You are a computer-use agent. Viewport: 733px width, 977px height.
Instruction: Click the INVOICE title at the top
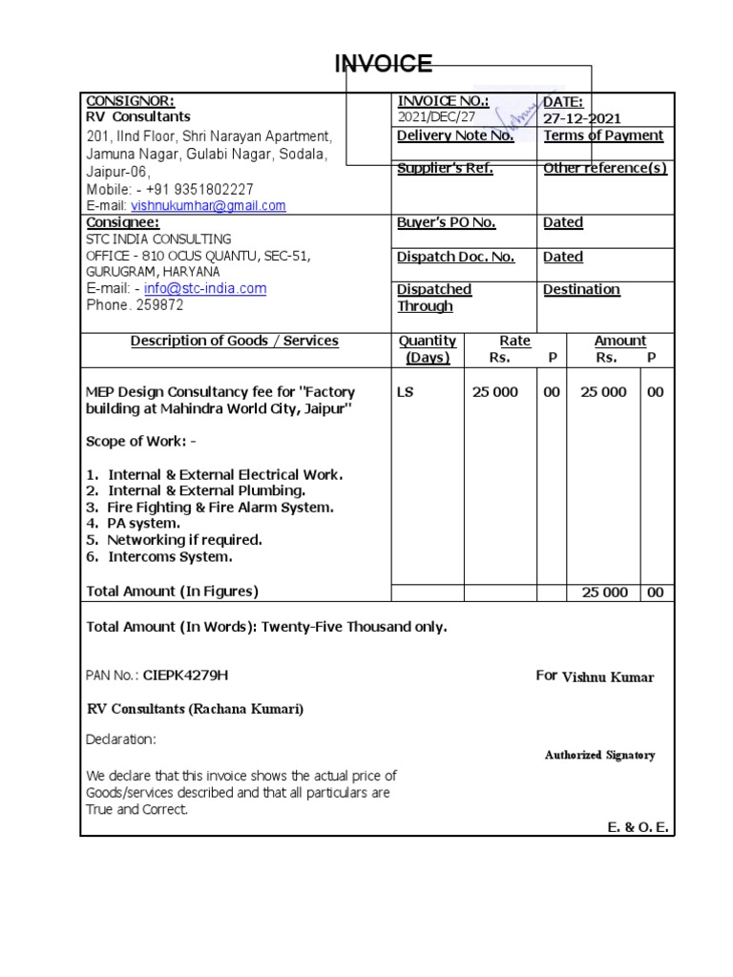383,64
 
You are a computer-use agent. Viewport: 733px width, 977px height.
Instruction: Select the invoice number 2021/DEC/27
436,117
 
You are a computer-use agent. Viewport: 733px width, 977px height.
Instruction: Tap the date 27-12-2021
582,118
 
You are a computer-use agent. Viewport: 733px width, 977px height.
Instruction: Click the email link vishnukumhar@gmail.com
208,205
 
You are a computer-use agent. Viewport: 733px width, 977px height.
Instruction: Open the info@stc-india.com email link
205,288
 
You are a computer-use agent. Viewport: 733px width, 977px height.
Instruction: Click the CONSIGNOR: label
131,101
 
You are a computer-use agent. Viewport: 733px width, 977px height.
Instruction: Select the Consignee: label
122,221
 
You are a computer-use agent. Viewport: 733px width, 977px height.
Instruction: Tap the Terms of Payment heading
603,135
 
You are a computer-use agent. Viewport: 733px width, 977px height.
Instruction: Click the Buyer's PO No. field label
446,222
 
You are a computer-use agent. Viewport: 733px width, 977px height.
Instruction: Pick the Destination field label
581,289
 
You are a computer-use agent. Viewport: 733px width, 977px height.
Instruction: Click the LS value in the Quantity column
406,392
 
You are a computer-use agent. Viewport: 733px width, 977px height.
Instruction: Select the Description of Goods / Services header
234,341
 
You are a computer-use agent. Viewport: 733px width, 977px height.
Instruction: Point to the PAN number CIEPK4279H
186,676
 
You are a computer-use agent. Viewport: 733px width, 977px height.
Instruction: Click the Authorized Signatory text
599,755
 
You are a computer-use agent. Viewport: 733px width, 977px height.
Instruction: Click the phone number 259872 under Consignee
160,305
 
